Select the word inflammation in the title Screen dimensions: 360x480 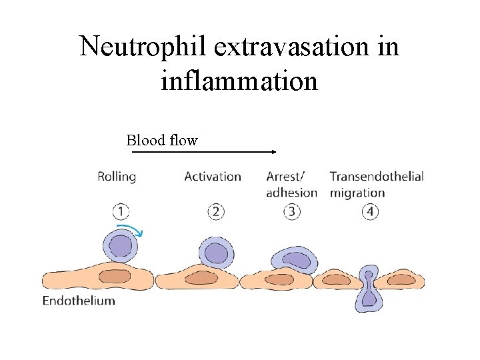(239, 81)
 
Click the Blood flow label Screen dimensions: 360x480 (162, 141)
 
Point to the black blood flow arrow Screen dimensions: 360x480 (204, 152)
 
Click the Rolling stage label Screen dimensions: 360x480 (117, 177)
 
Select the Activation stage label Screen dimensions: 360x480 (213, 177)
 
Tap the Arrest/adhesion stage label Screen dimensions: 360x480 (291, 185)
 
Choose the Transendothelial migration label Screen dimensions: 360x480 (377, 185)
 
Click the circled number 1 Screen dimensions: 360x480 (121, 211)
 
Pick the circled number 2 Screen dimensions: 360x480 (216, 211)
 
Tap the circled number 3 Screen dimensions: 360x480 (291, 211)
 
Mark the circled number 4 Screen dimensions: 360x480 (370, 211)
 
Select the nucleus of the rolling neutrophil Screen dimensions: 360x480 (121, 247)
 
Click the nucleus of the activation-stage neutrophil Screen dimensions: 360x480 (216, 253)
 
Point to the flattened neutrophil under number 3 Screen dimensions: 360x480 (294, 261)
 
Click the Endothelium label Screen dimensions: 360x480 (79, 300)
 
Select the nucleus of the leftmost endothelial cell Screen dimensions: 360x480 (115, 275)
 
